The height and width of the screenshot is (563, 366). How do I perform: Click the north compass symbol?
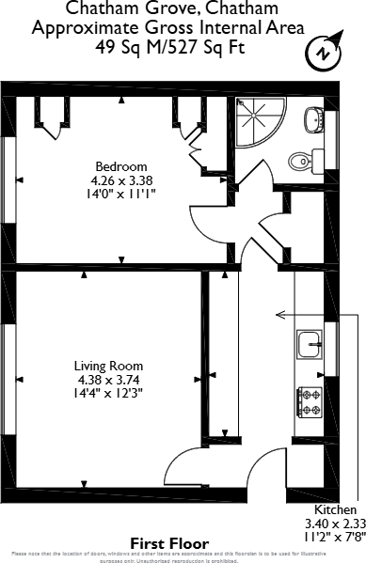click(x=325, y=54)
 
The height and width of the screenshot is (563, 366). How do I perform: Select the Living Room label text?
click(x=109, y=366)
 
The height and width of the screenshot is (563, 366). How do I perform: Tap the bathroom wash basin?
click(x=313, y=119)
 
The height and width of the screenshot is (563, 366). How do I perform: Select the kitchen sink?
click(x=310, y=345)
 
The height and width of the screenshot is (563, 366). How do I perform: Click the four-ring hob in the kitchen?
click(x=310, y=401)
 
